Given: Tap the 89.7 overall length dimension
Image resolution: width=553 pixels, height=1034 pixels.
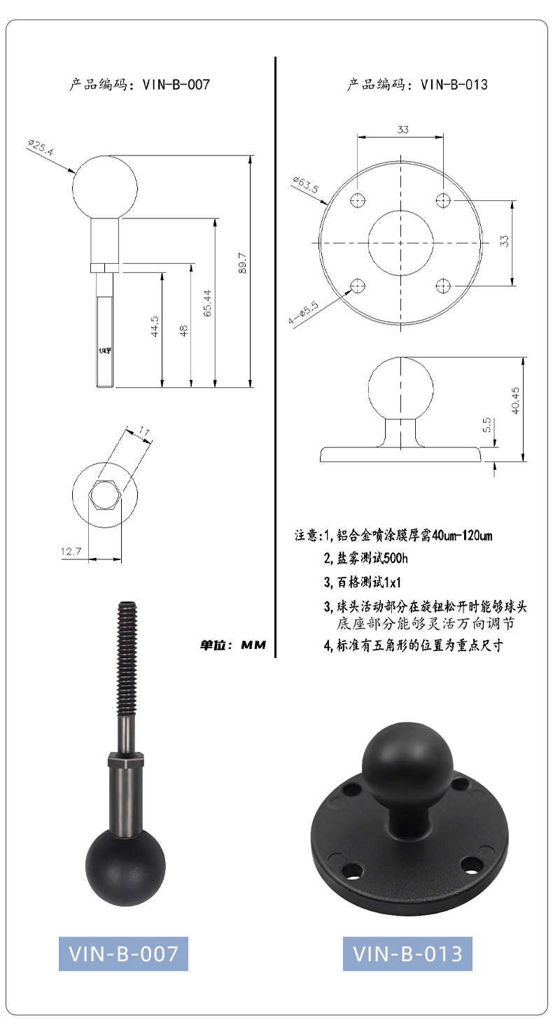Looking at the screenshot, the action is pos(243,263).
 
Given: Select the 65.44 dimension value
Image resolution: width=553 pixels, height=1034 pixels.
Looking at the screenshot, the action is pos(207,303).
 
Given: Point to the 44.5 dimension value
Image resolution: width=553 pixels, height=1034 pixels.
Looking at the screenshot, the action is pos(155,326).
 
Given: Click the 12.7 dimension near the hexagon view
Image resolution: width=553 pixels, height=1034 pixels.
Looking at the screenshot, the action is pos(71,551).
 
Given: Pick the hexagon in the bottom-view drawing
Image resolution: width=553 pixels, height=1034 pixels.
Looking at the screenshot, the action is pos(105,494).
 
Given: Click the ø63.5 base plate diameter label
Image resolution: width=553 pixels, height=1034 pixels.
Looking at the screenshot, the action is pos(306,185).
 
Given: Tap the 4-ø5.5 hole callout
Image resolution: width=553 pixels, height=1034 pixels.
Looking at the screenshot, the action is pos(303,313).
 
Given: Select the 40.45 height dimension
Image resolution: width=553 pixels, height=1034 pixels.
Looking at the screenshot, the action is pos(515,400).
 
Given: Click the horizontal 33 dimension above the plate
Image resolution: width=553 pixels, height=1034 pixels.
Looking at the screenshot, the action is pos(402,130).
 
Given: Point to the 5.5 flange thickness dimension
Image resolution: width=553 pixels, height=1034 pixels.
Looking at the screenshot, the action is pos(487,425).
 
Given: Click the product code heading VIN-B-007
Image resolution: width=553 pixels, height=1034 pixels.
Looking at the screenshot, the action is pos(139,85).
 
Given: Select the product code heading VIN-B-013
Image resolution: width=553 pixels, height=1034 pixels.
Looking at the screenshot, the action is pos(417,85).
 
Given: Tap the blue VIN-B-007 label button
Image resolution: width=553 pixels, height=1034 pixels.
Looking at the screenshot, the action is pos(123,953).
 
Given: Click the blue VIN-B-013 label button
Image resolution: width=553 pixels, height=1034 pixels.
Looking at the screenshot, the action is pos(407,953).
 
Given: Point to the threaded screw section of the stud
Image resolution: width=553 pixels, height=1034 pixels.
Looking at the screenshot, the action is pos(127,659).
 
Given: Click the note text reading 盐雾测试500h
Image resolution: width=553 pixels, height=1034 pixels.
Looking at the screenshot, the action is pos(365,558).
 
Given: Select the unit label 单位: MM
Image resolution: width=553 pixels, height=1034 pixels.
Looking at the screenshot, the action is pos(233,645).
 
